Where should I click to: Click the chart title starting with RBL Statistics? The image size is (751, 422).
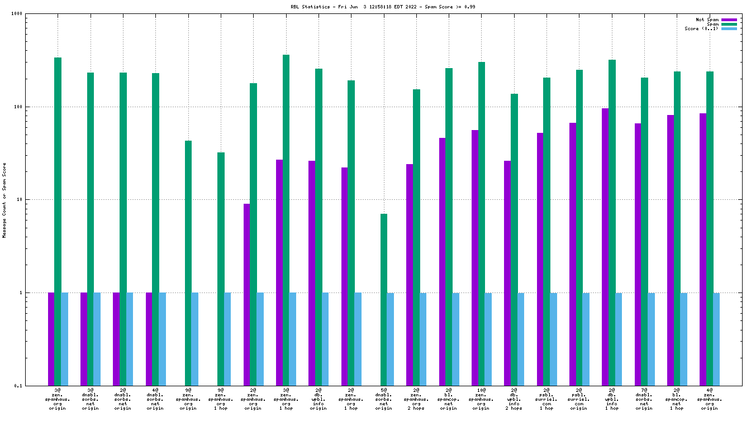375,7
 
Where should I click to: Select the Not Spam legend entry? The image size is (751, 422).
707,20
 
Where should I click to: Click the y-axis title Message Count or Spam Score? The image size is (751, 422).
4,200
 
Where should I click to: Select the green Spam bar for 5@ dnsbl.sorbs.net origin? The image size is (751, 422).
384,299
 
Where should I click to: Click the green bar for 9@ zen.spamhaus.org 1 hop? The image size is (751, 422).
221,268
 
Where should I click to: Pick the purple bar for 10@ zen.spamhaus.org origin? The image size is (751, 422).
475,257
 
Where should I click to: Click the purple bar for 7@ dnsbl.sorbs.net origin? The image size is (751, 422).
638,254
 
